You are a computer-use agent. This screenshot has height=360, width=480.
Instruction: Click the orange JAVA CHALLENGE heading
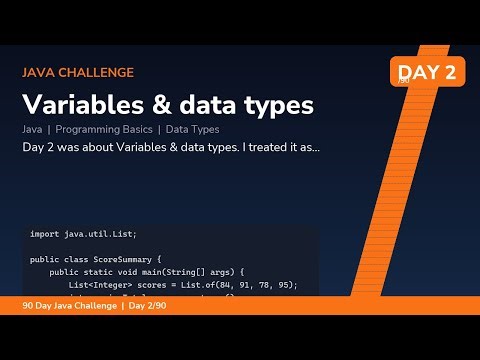[x=78, y=72]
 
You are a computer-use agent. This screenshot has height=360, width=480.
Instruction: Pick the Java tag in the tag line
[x=32, y=130]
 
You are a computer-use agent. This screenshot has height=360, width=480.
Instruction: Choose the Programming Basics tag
[x=103, y=130]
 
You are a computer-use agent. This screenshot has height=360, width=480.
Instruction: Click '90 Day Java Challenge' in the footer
[x=69, y=305]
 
